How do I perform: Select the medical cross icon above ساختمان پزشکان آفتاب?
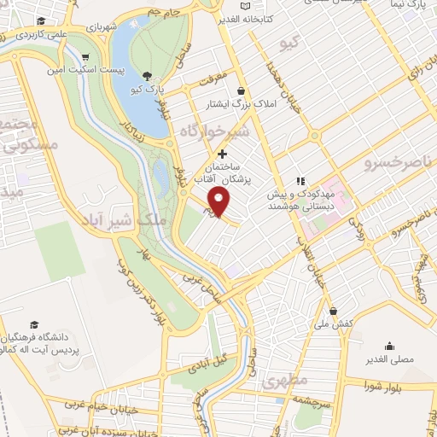tap(223, 154)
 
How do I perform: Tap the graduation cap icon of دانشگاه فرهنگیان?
tap(34, 324)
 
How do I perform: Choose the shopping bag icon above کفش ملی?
tap(332, 311)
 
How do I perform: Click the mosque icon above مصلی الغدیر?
tap(390, 347)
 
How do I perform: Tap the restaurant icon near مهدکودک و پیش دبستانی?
tap(300, 180)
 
